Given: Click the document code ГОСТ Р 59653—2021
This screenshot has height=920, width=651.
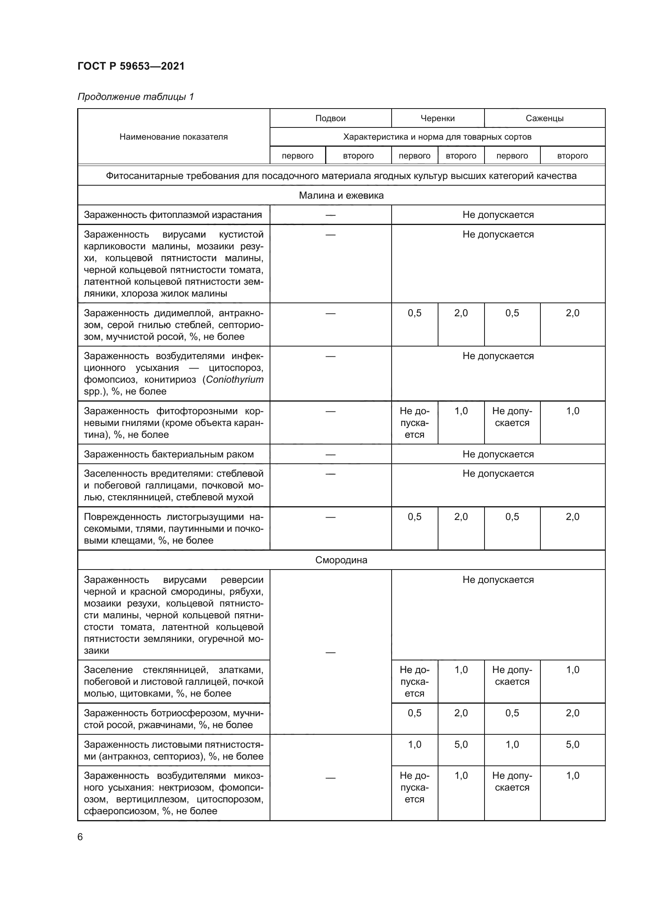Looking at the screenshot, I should point(131,66).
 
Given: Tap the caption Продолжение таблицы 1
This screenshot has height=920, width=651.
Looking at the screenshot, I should point(135,97).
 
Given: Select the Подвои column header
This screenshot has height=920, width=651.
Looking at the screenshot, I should point(330,118).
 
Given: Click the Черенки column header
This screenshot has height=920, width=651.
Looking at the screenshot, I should point(437,118).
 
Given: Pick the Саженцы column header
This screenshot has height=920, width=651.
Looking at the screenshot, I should point(544,118).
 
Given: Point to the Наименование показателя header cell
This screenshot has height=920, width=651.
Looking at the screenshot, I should point(173,136).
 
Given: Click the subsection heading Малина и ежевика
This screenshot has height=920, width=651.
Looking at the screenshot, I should point(341,195).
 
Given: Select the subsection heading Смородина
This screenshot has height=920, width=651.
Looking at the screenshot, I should point(341,560).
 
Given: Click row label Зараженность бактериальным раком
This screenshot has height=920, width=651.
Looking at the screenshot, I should point(168,454).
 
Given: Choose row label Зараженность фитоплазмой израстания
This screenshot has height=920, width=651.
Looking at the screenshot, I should point(172,215).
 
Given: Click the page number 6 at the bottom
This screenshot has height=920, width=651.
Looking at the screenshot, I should point(80,837).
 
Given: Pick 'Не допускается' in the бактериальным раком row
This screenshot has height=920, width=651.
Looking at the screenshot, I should point(498,454).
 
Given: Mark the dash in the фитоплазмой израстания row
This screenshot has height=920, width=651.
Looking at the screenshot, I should point(330,215).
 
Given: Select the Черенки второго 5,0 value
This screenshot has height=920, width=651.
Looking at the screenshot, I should point(461,745).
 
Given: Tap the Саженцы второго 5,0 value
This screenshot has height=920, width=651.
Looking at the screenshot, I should point(572,745).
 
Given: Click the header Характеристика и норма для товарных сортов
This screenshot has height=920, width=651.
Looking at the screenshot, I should point(437,137).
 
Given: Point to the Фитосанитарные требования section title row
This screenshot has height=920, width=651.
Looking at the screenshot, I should point(341,176).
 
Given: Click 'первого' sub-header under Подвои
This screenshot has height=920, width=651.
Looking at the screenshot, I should point(298,156).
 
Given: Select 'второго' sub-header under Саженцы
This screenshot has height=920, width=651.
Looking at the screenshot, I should point(572,156).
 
